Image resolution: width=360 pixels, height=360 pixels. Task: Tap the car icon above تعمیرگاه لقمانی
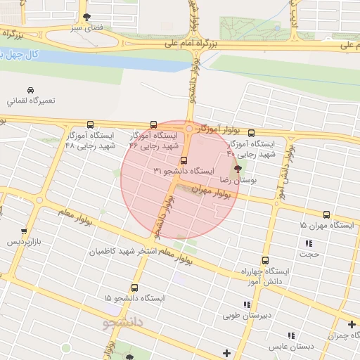point(30,91)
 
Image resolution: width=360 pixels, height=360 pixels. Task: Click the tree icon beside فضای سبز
point(86,16)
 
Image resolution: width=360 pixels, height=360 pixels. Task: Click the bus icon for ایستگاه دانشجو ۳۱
point(184,160)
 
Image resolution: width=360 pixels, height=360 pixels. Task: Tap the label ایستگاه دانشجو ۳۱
point(184,172)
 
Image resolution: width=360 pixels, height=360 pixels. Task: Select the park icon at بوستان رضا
point(237,169)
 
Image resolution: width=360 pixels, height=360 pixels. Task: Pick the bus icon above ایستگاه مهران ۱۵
point(326,214)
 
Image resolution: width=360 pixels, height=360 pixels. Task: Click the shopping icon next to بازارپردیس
point(25,231)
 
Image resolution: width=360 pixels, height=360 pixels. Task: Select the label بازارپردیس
point(25,243)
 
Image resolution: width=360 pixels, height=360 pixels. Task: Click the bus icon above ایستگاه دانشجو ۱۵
point(134,287)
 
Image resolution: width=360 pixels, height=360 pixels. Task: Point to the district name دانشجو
point(123,323)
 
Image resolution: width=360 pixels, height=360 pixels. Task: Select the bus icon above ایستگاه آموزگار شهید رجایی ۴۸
point(89,124)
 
